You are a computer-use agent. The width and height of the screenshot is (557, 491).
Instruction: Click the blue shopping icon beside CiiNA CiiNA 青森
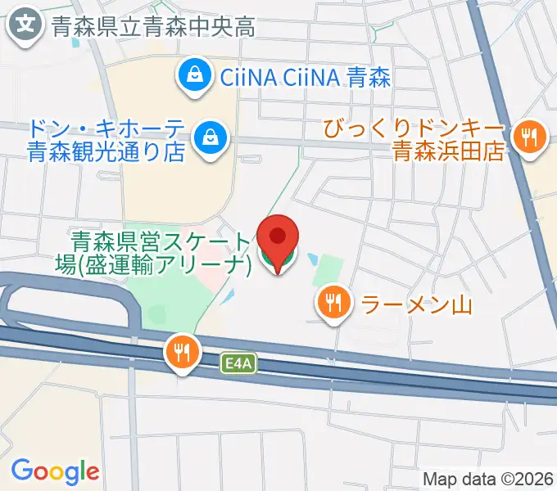point(196,77)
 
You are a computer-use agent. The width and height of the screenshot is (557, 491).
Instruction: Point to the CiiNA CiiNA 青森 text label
point(305,78)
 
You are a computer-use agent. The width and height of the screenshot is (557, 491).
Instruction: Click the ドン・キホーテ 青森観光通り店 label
point(106,141)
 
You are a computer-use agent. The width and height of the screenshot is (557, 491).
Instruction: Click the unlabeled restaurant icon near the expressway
point(182,352)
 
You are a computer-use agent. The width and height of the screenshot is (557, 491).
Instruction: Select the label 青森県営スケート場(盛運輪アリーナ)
point(161,253)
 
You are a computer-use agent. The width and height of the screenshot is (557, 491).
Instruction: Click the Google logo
point(55,471)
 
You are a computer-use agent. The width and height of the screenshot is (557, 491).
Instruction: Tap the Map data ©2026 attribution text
point(488,479)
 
